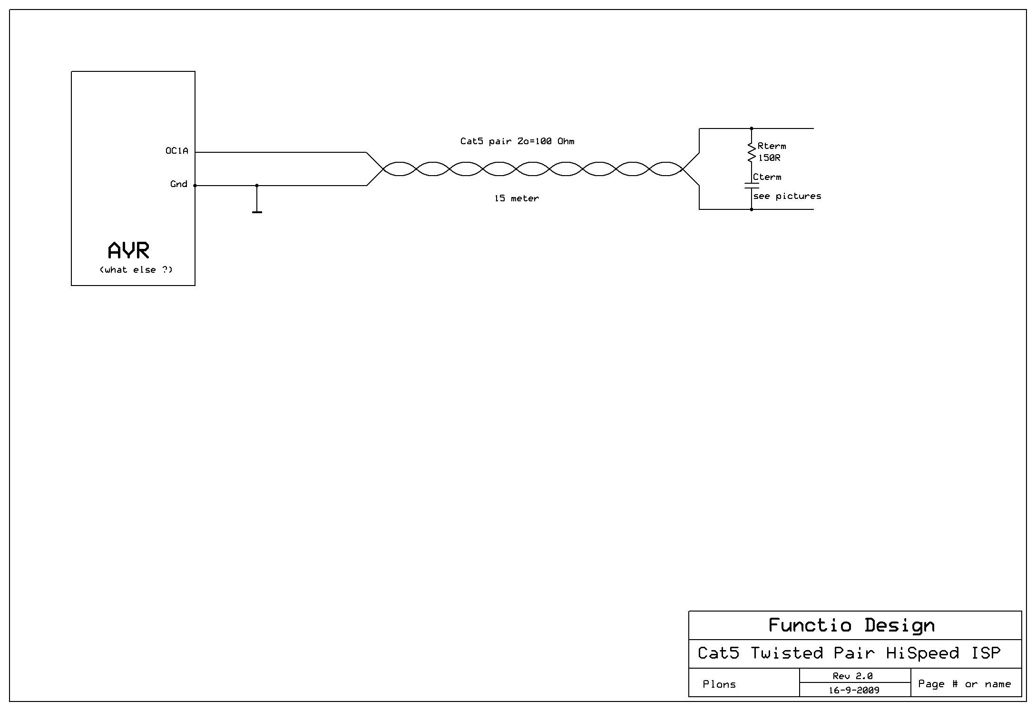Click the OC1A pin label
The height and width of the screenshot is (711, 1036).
click(x=176, y=151)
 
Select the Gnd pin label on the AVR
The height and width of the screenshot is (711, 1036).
click(x=179, y=184)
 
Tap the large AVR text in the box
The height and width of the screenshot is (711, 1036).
click(x=128, y=250)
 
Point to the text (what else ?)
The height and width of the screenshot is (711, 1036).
click(x=136, y=270)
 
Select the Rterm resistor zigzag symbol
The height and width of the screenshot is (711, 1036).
click(x=752, y=152)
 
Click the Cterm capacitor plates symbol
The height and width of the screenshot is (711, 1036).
click(x=752, y=185)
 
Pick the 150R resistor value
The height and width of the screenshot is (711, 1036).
click(x=769, y=158)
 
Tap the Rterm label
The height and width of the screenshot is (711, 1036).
click(x=772, y=146)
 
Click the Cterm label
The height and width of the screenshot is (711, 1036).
click(x=767, y=177)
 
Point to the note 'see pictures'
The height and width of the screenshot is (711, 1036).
click(x=787, y=196)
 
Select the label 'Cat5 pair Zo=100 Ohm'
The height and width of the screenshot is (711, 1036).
click(x=517, y=141)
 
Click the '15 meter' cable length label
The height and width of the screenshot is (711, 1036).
click(x=517, y=198)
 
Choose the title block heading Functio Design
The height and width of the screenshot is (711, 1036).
click(x=851, y=625)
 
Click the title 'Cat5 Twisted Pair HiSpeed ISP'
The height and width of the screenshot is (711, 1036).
click(x=849, y=653)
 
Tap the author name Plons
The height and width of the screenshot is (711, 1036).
click(x=719, y=684)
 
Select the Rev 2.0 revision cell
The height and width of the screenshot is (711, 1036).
click(x=853, y=676)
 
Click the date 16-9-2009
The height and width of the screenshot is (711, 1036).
click(x=854, y=690)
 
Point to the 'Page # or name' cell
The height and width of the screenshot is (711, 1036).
click(x=964, y=684)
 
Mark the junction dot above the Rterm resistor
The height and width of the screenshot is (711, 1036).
click(x=752, y=128)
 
